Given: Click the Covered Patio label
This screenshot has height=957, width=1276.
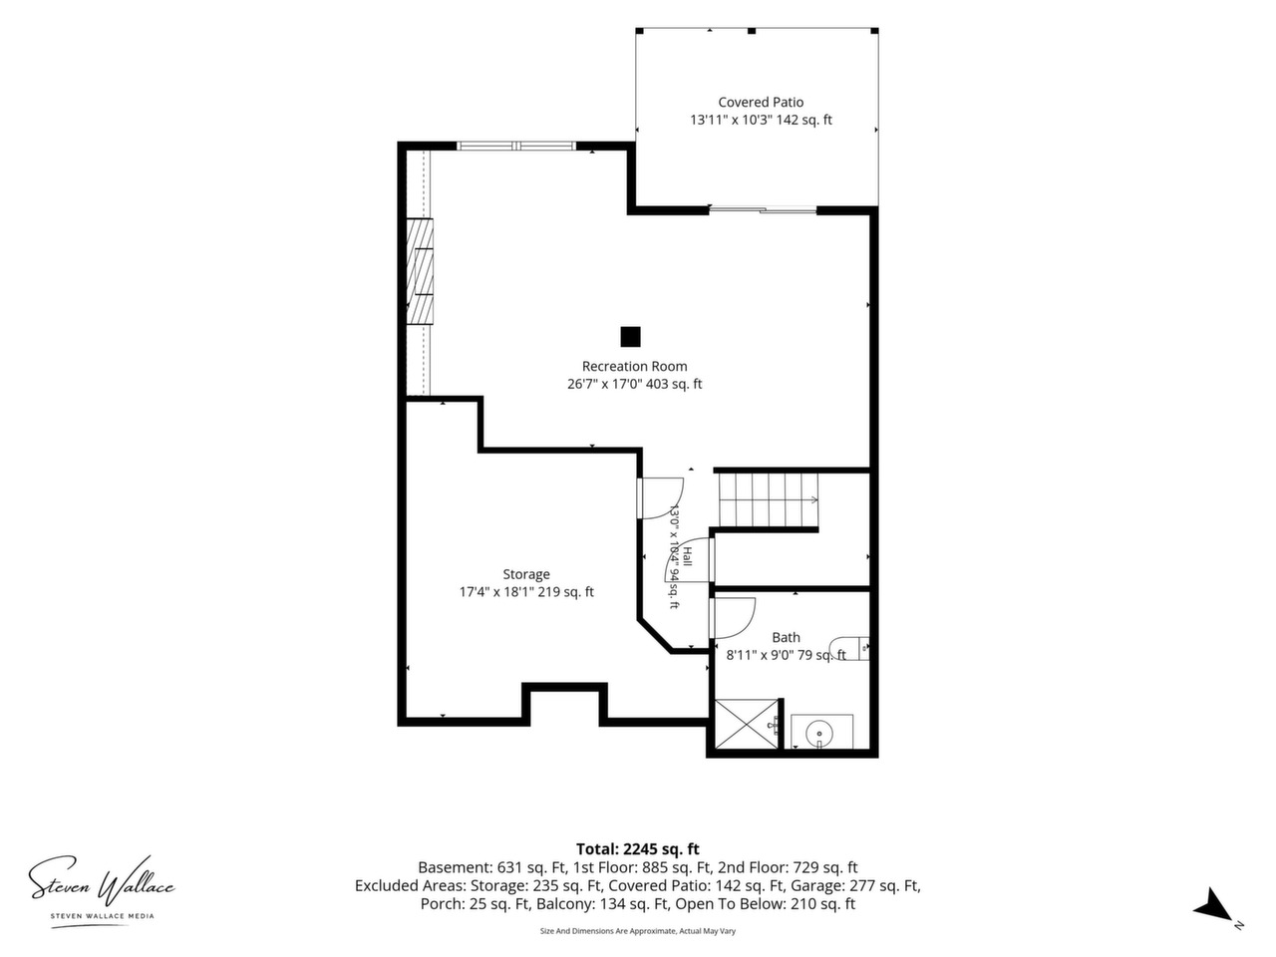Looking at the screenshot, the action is (x=761, y=103).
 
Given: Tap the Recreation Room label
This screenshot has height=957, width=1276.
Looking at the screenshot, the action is (x=634, y=366).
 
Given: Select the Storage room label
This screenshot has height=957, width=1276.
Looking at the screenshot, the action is (x=526, y=574).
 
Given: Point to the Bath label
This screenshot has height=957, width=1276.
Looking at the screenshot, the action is (x=786, y=637).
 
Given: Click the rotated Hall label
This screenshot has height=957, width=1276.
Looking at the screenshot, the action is (x=687, y=555).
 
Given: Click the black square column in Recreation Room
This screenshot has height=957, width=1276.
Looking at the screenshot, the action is (x=630, y=336).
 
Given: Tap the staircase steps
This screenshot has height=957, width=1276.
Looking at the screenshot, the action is (x=769, y=499).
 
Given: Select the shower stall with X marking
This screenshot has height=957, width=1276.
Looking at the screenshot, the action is (x=746, y=724).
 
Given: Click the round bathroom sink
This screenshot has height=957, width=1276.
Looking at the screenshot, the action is (x=819, y=734).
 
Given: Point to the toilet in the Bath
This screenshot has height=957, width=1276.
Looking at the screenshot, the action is (x=848, y=648).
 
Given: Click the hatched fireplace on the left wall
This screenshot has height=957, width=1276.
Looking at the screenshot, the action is (x=419, y=271).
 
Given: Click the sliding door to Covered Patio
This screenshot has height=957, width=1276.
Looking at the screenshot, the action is (x=763, y=209).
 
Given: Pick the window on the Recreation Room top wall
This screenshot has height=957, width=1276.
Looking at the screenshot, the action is (x=516, y=146).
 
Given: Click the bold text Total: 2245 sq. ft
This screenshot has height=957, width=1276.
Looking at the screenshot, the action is (x=638, y=849).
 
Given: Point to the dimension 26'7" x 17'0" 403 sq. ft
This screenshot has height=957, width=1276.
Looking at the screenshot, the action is (x=634, y=384).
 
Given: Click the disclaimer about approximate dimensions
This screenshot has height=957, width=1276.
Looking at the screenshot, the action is (x=638, y=931).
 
